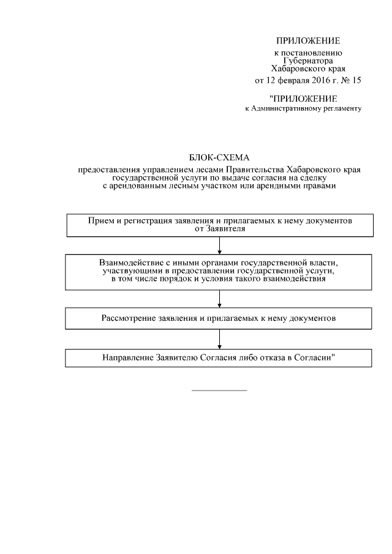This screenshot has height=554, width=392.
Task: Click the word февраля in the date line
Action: point(287,80)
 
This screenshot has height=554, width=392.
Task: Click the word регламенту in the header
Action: point(342,109)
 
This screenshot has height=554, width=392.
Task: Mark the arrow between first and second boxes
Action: point(219,246)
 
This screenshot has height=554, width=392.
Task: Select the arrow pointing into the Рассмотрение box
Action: point(219,300)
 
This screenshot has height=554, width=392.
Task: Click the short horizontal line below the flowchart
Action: point(219,390)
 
